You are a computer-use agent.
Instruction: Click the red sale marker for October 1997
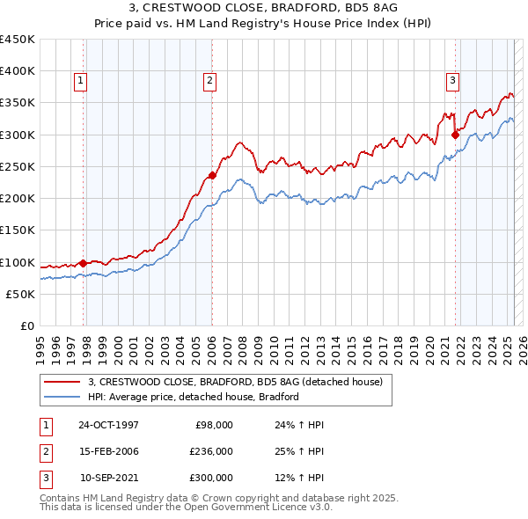coord(84,262)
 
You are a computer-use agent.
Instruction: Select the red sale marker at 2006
coord(212,174)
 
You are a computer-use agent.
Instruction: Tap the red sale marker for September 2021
coord(455,135)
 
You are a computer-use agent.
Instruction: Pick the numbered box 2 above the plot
coord(210,81)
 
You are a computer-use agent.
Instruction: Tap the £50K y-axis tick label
coord(21,295)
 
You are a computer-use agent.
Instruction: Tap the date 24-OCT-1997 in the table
coord(108,425)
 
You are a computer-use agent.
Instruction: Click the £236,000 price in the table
coord(210,451)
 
